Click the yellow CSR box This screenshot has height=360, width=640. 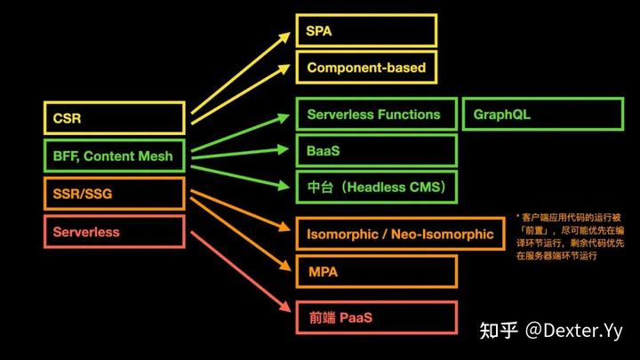(x=114, y=118)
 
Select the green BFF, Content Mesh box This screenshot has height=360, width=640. (x=114, y=156)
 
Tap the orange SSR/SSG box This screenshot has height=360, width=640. (x=114, y=194)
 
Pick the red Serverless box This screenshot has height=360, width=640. (x=114, y=232)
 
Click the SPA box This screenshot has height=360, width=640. (x=366, y=30)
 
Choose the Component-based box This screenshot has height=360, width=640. (x=366, y=67)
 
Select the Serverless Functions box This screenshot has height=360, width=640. (x=376, y=115)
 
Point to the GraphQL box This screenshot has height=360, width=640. (x=542, y=115)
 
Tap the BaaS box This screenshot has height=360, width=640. (x=376, y=151)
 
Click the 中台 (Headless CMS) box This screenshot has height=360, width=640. (x=376, y=188)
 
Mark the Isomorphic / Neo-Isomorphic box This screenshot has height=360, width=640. (x=400, y=234)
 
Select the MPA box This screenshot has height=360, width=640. (x=376, y=271)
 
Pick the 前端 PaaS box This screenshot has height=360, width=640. (x=376, y=317)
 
